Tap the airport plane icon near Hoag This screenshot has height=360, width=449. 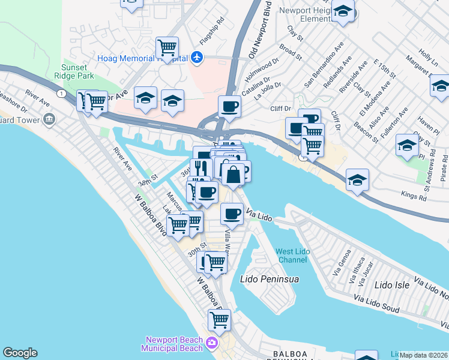(197, 58)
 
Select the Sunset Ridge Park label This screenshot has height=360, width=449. (77, 72)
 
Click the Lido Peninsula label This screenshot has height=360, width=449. (270, 279)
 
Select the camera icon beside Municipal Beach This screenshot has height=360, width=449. (211, 343)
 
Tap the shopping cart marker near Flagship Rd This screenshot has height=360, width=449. (167, 47)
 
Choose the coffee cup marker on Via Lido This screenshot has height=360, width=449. (232, 213)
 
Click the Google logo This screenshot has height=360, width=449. (20, 352)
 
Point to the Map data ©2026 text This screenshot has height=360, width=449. (423, 355)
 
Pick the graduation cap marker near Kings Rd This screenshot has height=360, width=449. (357, 179)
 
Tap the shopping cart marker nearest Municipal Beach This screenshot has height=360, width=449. (219, 320)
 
